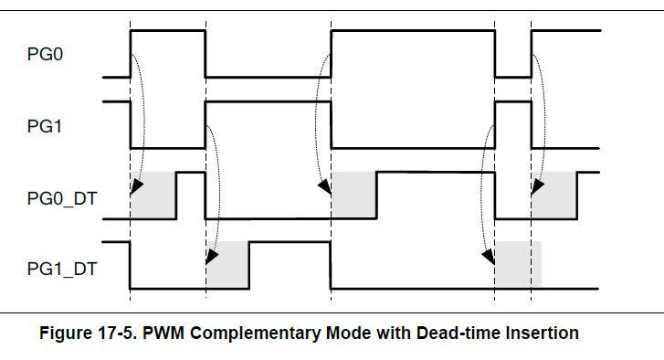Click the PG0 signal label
pyautogui.click(x=45, y=54)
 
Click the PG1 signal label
pyautogui.click(x=45, y=126)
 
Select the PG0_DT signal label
pyautogui.click(x=62, y=198)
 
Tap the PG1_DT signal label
pyautogui.click(x=62, y=269)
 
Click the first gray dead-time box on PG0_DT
pyautogui.click(x=153, y=196)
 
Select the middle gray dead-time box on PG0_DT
pyautogui.click(x=354, y=196)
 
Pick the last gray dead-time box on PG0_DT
pyautogui.click(x=554, y=196)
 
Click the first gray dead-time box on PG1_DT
pyautogui.click(x=227, y=265)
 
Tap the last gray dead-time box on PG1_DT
pyautogui.click(x=519, y=265)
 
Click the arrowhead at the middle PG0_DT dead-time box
pyautogui.click(x=325, y=186)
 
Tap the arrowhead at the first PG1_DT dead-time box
pyautogui.click(x=212, y=257)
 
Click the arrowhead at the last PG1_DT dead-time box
pyautogui.click(x=489, y=257)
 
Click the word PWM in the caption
pyautogui.click(x=163, y=333)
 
